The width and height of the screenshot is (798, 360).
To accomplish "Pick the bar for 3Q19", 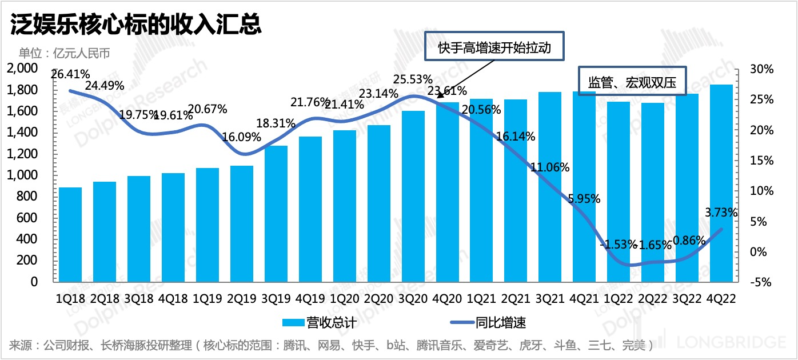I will [x=276, y=214].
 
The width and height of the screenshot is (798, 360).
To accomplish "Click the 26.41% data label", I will [x=70, y=74].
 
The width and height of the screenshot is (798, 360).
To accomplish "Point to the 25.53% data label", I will [x=413, y=79].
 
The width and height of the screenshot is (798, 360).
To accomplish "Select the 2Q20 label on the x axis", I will [x=379, y=299].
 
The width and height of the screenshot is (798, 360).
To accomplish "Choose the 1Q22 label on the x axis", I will [x=619, y=299].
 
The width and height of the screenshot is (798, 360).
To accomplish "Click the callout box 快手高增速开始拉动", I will [x=494, y=47].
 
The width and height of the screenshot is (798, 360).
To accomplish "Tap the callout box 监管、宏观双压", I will [x=632, y=82].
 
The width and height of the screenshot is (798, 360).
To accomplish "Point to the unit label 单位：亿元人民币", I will [x=64, y=54].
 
